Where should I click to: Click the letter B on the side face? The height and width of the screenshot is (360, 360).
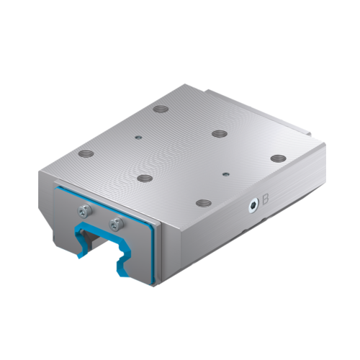click(x=266, y=199)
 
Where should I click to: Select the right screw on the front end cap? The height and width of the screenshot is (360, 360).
click(x=113, y=224)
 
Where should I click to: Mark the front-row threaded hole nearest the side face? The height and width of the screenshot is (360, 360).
click(x=204, y=204)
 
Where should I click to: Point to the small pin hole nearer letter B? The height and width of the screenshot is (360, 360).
click(x=226, y=173)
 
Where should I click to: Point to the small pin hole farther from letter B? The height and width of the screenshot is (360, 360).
click(x=137, y=135)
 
